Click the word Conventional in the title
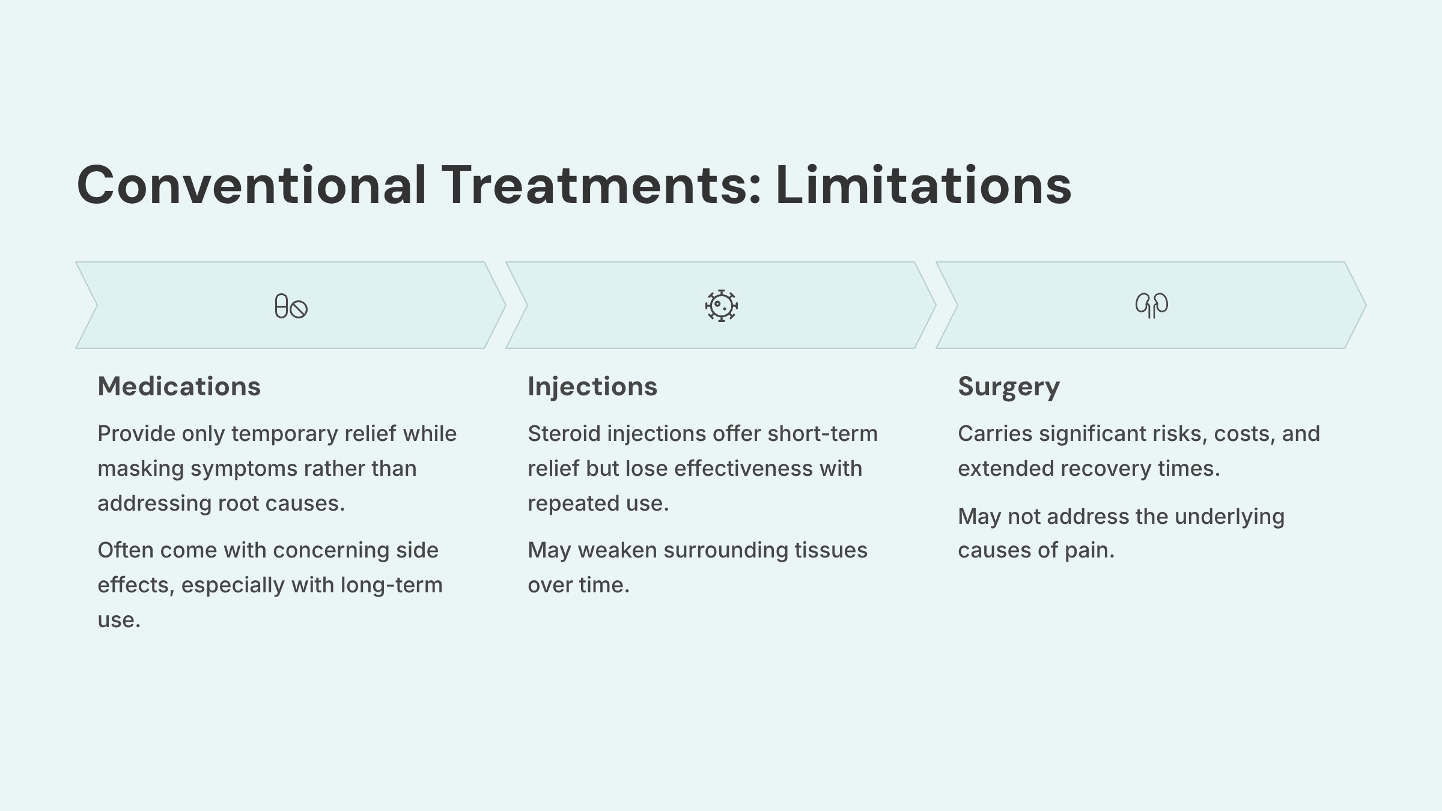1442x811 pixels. coord(251,185)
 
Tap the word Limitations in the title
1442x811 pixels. coord(923,185)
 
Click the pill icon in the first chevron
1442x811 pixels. coord(291,306)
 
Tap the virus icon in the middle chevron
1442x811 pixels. coord(721,306)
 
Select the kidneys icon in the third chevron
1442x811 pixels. coord(1151,305)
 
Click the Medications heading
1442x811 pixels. coord(179,386)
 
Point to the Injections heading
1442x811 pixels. coord(592,386)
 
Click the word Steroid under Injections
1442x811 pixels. coord(564,434)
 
